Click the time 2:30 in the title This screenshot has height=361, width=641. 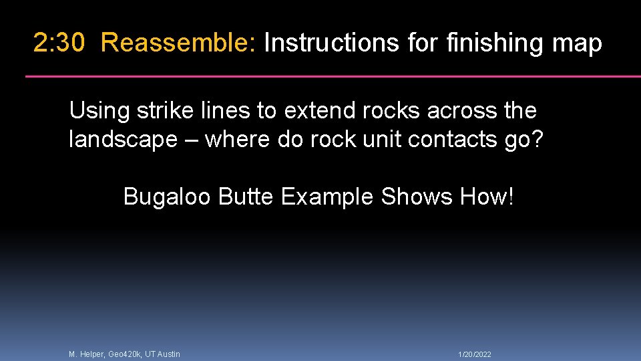(59, 43)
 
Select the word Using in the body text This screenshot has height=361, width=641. (99, 111)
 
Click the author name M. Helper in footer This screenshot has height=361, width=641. (87, 354)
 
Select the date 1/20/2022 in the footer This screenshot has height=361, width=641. (475, 354)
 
